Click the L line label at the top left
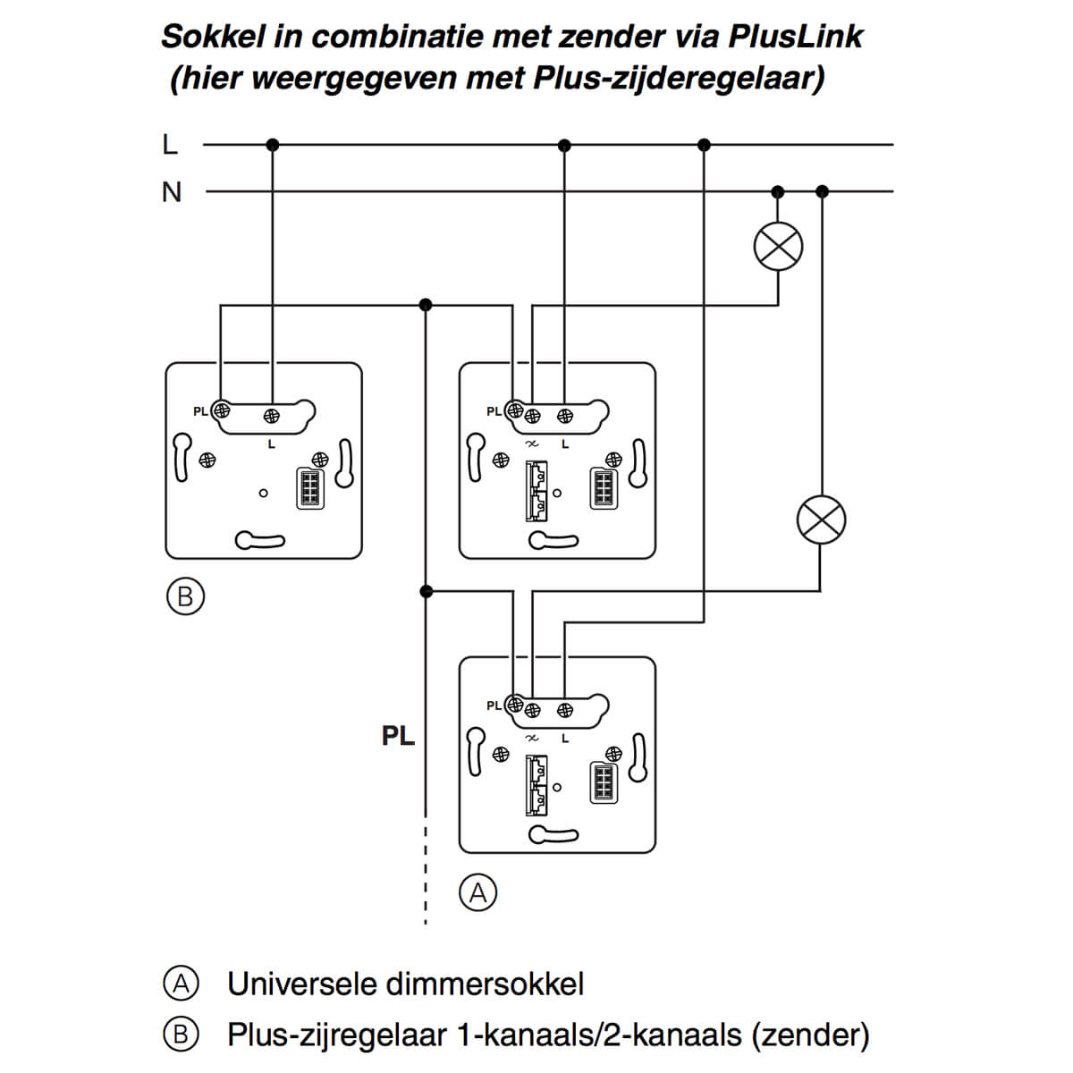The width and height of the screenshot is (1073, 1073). pyautogui.click(x=170, y=144)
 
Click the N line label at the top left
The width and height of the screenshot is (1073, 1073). pyautogui.click(x=171, y=191)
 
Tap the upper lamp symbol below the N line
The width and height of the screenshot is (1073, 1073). pyautogui.click(x=778, y=246)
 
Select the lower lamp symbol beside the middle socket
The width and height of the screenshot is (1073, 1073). pyautogui.click(x=821, y=520)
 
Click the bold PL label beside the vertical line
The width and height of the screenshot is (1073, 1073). pyautogui.click(x=398, y=736)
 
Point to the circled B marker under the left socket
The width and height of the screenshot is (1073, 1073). pyautogui.click(x=185, y=596)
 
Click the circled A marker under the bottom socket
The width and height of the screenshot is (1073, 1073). pyautogui.click(x=478, y=892)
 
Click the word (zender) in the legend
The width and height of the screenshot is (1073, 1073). pyautogui.click(x=810, y=1035)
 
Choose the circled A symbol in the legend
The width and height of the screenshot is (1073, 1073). pyautogui.click(x=181, y=984)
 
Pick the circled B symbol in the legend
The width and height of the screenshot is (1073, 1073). pyautogui.click(x=181, y=1035)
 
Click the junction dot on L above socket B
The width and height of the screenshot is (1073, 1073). pyautogui.click(x=273, y=144)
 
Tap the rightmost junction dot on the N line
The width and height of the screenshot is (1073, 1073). pyautogui.click(x=823, y=191)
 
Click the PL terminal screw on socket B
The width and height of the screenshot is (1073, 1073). pyautogui.click(x=221, y=411)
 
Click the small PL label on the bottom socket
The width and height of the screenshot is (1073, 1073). pyautogui.click(x=494, y=705)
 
